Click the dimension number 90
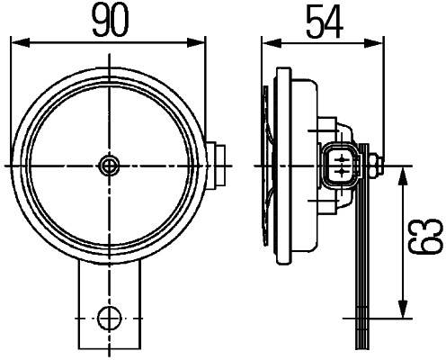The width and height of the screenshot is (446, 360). [x=108, y=19]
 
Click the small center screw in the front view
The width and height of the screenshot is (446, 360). [x=109, y=165]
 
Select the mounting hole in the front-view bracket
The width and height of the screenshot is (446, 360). [x=109, y=317]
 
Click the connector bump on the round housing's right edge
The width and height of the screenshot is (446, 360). [x=217, y=165]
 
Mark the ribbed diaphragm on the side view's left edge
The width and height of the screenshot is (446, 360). [x=266, y=166]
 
